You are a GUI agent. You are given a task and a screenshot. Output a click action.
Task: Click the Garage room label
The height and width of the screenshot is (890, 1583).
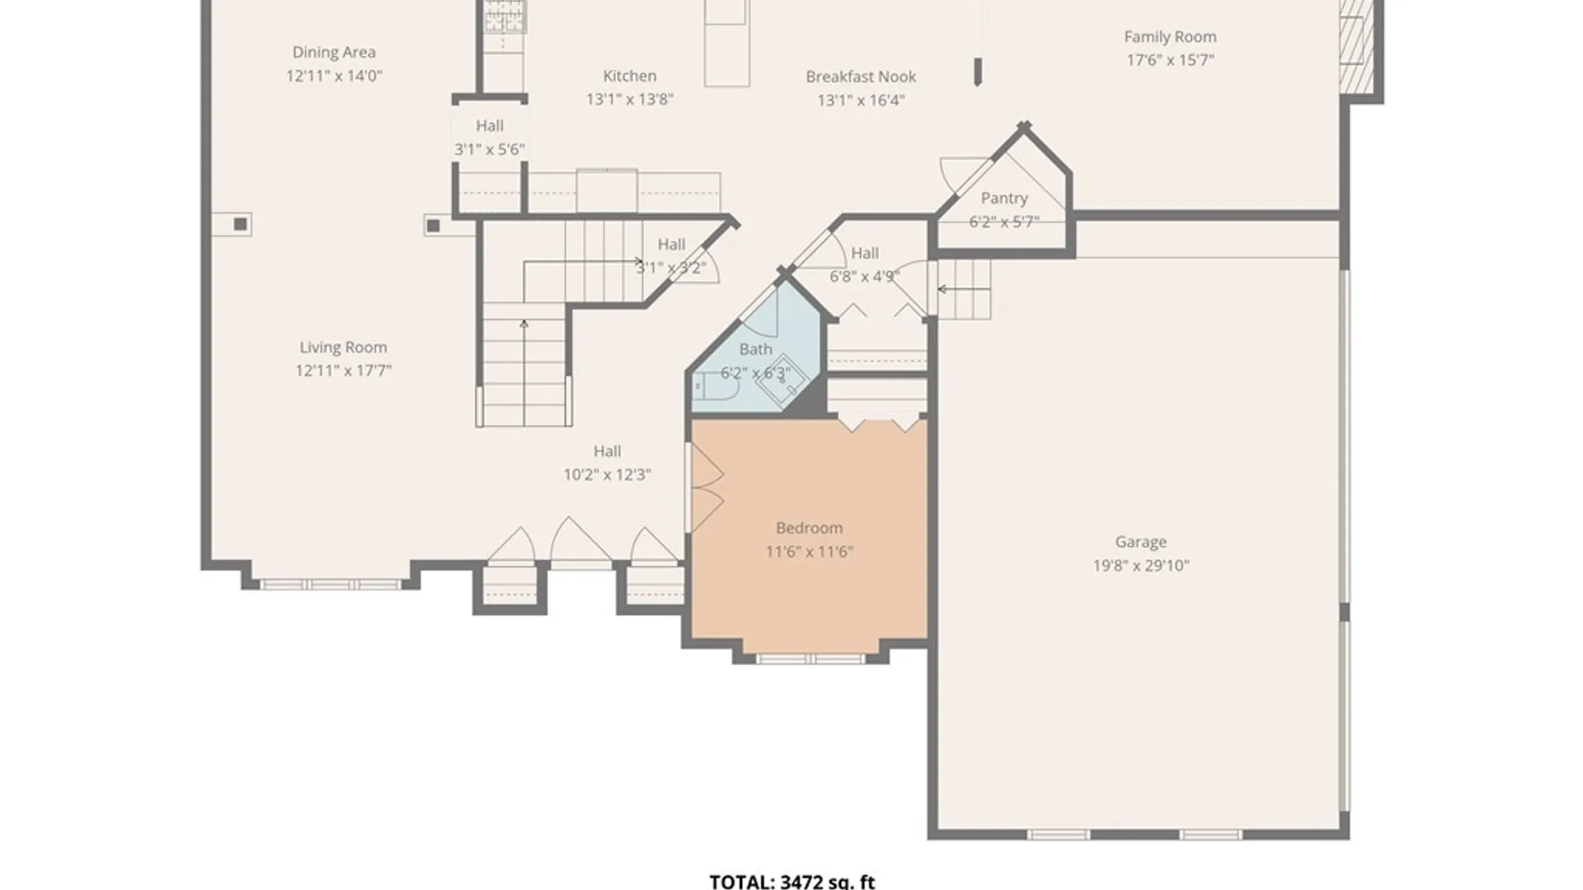(1141, 542)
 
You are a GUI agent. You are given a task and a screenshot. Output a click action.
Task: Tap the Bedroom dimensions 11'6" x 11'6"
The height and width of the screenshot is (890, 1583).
(810, 551)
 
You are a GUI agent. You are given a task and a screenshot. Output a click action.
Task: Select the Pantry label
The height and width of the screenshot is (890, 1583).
(1004, 199)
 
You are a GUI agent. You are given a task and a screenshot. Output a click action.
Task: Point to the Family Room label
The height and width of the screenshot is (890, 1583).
(1170, 37)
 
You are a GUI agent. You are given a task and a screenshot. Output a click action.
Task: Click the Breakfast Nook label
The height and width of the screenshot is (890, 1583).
(861, 77)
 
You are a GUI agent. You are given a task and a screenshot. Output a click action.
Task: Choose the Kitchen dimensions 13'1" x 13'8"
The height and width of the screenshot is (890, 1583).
(630, 100)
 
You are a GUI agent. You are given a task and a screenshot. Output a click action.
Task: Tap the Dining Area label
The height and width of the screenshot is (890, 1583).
(334, 53)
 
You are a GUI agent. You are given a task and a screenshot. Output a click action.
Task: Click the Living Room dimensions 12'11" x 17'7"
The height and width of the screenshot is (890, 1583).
(344, 371)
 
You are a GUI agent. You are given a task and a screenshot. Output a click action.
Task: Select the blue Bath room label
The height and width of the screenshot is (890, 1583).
(755, 349)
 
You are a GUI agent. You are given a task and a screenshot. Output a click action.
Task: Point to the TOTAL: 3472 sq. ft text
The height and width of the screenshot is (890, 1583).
(792, 881)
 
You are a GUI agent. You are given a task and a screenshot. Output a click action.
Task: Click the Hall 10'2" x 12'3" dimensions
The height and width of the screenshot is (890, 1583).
(608, 475)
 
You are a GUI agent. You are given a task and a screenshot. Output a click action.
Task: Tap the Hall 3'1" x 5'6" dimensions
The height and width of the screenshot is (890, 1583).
(490, 150)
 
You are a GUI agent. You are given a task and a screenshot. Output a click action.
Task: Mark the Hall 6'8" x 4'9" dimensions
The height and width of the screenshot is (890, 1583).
(865, 277)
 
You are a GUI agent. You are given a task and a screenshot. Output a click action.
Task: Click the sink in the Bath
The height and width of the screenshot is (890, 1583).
(781, 381)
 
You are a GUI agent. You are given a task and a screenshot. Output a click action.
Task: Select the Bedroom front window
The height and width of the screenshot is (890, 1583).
(810, 659)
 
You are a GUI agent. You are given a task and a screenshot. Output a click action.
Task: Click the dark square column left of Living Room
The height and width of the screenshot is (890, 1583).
(240, 224)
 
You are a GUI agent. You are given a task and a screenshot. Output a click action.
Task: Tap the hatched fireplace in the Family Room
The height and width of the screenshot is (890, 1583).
(1356, 46)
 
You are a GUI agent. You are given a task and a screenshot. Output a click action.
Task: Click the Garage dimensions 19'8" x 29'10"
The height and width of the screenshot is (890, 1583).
(1141, 566)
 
